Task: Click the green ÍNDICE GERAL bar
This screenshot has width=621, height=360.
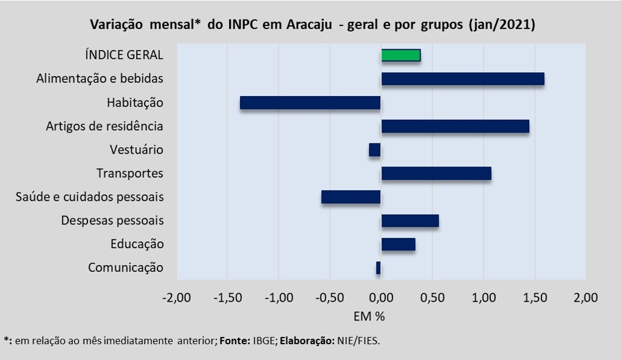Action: click(401, 55)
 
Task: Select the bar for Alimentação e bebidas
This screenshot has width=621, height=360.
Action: click(462, 79)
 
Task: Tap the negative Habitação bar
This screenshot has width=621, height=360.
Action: click(310, 103)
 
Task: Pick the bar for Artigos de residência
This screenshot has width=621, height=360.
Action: click(455, 126)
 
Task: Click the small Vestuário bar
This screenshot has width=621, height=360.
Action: click(375, 150)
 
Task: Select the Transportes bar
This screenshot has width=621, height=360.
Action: click(436, 173)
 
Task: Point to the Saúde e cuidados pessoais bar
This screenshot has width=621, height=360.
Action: click(351, 197)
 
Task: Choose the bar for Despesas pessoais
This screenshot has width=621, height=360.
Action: click(410, 221)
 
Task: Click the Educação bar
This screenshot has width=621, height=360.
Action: click(398, 244)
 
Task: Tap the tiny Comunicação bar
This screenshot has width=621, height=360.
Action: click(378, 268)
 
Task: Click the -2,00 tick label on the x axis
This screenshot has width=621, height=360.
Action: click(177, 297)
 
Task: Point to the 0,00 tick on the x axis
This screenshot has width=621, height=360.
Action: click(381, 297)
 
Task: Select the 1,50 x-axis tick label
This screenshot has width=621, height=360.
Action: click(535, 297)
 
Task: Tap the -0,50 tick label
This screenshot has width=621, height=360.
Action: click(329, 297)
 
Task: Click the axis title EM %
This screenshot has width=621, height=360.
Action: click(369, 316)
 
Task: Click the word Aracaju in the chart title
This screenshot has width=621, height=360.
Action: click(309, 24)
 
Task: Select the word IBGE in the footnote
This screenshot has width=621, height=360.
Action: click(264, 341)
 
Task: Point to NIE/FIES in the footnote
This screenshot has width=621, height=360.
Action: click(358, 341)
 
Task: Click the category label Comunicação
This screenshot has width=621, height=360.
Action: click(126, 268)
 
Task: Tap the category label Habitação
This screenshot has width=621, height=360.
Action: click(135, 103)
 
